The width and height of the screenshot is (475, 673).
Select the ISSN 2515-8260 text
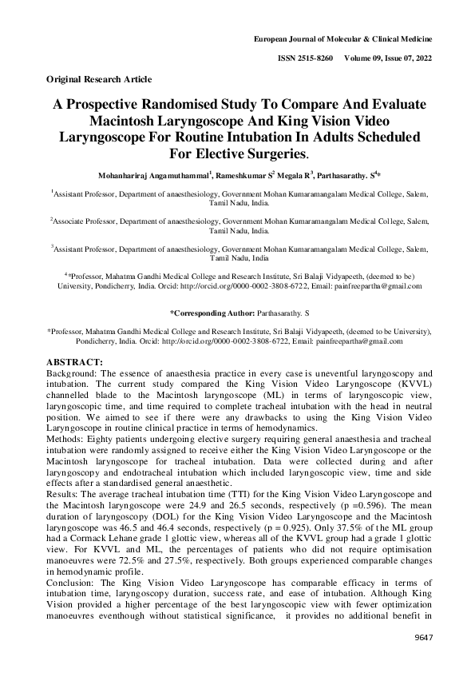pos(307,59)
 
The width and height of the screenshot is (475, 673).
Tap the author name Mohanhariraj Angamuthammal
pos(150,173)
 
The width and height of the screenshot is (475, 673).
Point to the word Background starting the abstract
pos(72,374)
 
